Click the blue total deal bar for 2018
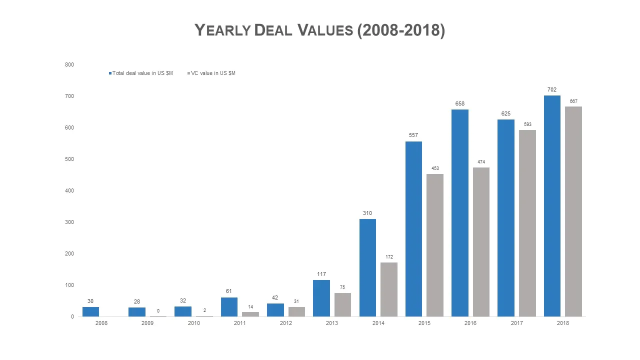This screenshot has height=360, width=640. [x=552, y=206]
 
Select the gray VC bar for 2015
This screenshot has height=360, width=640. [x=435, y=245]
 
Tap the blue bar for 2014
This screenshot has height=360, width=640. [x=367, y=267]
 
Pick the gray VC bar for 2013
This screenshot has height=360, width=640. [x=342, y=304]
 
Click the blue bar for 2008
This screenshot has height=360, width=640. [x=90, y=311]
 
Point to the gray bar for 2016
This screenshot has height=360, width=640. [x=481, y=242]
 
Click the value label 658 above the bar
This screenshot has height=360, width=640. [x=459, y=104]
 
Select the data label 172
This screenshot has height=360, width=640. [x=389, y=257]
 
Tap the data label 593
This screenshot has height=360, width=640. [x=527, y=124]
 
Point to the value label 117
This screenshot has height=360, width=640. [x=321, y=274]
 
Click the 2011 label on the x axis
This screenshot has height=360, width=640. [x=239, y=323]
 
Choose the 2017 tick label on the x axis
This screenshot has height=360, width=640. [x=516, y=323]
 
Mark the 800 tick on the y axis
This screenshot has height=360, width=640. [x=69, y=64]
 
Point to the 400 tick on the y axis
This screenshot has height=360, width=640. [x=69, y=190]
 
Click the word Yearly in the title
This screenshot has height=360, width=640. [x=222, y=30]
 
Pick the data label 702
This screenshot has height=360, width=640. [x=552, y=90]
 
